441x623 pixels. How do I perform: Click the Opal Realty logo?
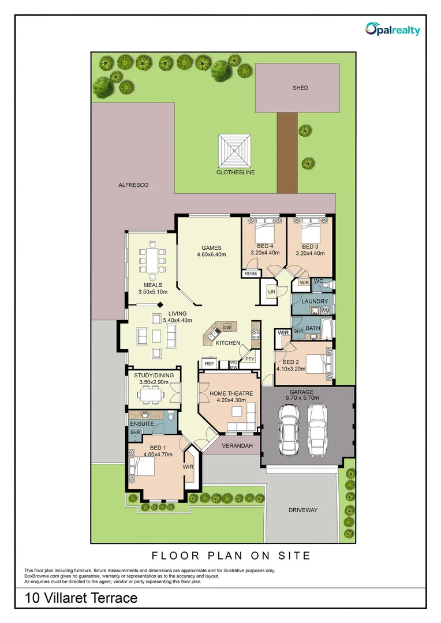393,29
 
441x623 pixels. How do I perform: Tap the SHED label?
300,88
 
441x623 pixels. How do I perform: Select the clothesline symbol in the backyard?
235,150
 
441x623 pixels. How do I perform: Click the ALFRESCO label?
133,185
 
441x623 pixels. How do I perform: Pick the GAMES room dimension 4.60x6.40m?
211,254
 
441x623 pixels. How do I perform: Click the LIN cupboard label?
271,292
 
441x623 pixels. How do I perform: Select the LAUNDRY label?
314,301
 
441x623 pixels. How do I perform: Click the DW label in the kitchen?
227,327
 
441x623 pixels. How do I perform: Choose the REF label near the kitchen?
208,364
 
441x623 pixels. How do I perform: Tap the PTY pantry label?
249,359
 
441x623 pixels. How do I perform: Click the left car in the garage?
289,428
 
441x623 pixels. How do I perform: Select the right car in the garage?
318,428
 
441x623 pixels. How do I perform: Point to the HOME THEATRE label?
231,393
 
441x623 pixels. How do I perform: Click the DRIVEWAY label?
303,510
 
